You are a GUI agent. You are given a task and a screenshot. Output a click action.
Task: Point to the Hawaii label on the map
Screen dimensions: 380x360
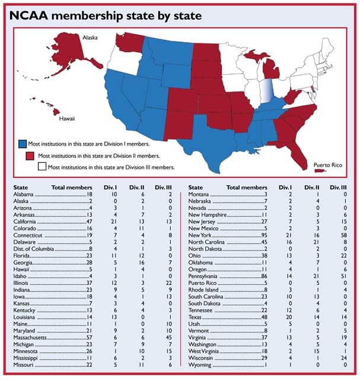coord(66,119)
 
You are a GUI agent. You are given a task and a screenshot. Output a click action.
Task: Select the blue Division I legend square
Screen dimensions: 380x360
coord(23,143)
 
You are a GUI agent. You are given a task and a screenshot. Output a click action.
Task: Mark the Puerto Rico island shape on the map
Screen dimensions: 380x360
coord(323,170)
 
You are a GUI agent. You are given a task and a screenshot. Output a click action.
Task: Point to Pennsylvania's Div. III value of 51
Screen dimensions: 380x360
coord(345,276)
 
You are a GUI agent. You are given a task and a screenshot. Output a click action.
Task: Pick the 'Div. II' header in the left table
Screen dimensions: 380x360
coord(131,188)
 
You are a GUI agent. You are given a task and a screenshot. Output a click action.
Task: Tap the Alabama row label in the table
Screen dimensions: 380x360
coord(24,194)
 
